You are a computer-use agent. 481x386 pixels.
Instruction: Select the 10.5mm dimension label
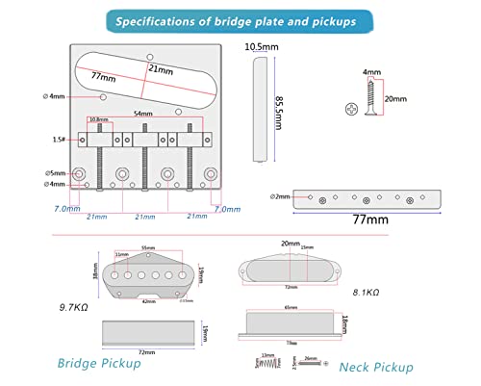(255, 46)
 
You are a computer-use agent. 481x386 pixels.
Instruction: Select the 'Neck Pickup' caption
(376, 367)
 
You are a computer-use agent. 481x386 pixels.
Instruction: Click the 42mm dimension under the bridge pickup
(149, 300)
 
